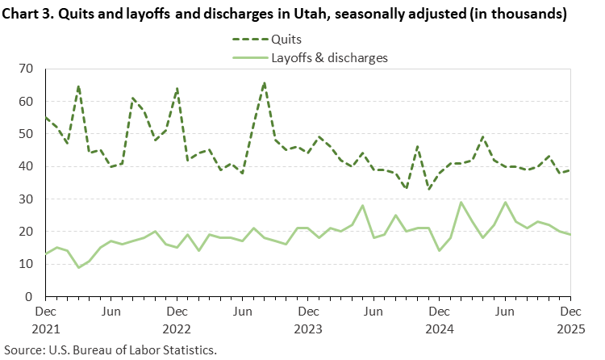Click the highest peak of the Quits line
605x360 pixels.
click(x=264, y=82)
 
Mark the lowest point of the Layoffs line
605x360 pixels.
click(x=78, y=267)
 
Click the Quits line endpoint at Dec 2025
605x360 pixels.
click(x=570, y=170)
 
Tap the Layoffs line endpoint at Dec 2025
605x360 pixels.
click(x=570, y=235)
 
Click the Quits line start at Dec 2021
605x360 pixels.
click(x=45, y=118)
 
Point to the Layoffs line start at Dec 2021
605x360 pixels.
click(x=45, y=254)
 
